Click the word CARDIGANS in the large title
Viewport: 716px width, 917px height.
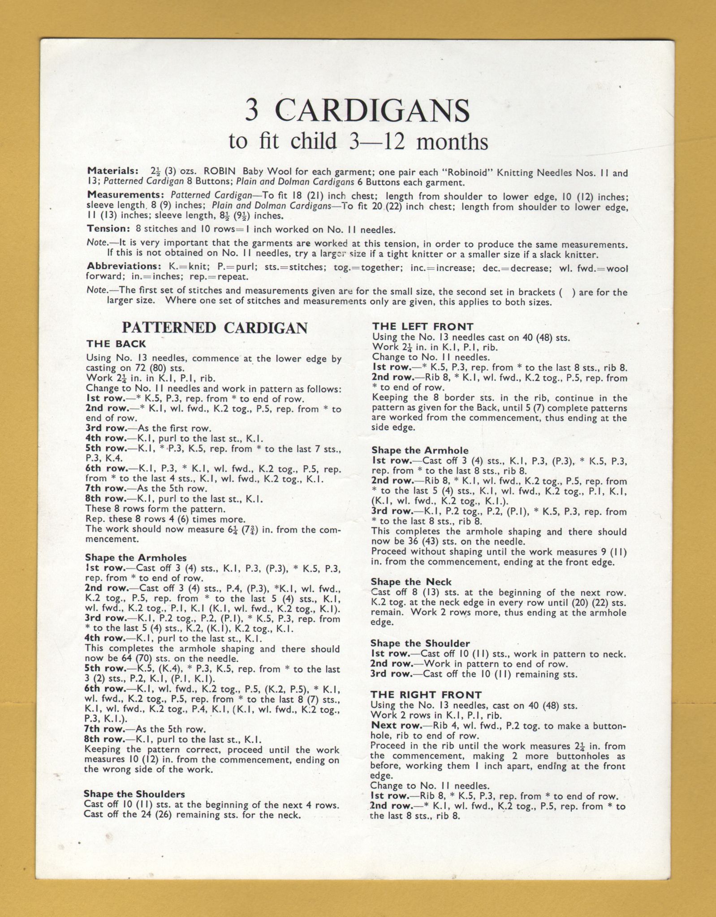point(372,110)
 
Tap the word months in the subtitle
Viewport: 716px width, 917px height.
point(452,142)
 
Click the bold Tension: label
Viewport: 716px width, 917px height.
point(108,229)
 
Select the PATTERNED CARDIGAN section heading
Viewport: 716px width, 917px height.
point(215,328)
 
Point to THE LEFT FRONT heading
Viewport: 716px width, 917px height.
point(423,327)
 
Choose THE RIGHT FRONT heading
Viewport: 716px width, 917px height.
point(426,695)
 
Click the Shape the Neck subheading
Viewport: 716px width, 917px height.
point(411,582)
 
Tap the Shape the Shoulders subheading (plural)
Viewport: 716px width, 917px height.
point(134,794)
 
